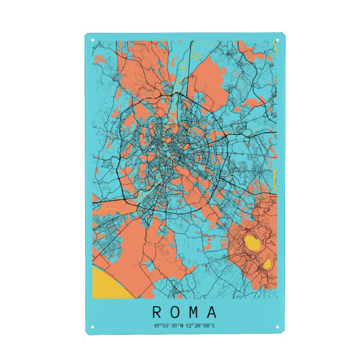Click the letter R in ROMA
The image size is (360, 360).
(x=156, y=313)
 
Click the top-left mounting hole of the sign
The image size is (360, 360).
(x=92, y=40)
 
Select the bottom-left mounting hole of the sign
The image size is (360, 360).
(x=92, y=328)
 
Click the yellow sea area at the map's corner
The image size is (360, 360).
(x=108, y=285)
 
